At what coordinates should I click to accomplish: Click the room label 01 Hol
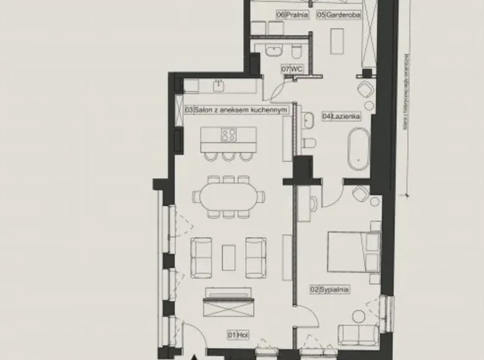point(233,335)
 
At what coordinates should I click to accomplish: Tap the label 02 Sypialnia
point(329,289)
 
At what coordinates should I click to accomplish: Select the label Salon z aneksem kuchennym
point(238,110)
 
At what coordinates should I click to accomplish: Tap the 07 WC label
point(292,70)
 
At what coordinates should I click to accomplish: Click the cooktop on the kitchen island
point(228,135)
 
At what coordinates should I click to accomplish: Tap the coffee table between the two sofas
point(228,257)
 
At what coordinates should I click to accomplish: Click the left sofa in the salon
point(201,257)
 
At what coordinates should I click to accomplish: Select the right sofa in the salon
point(256,257)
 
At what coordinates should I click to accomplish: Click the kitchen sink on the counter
point(218,85)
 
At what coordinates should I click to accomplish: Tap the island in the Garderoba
point(337,41)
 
